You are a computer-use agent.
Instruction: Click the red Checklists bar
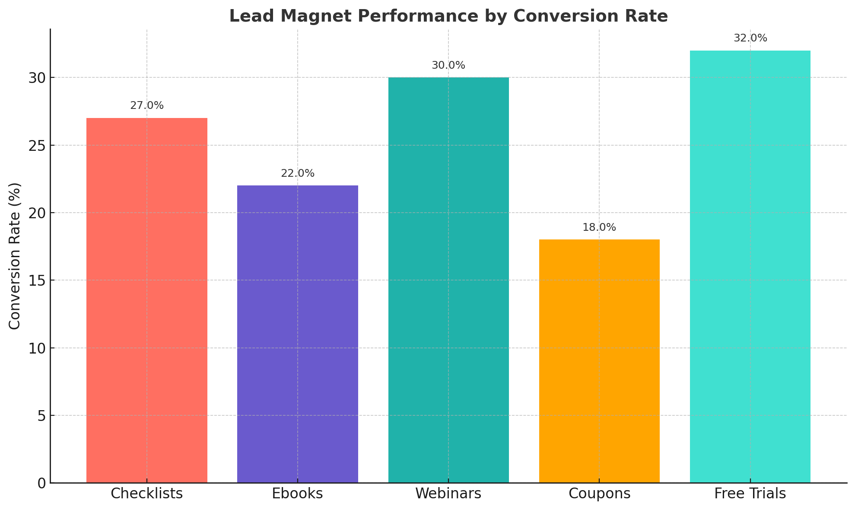[x=147, y=300]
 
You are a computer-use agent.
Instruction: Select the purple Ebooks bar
[x=298, y=334]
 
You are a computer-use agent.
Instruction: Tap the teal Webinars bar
[x=448, y=280]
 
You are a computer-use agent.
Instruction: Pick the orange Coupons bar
[x=599, y=361]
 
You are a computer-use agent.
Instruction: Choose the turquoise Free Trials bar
[x=750, y=267]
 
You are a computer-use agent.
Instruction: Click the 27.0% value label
[x=147, y=106]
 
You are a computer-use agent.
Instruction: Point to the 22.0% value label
[x=298, y=174]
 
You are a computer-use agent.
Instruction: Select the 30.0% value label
[x=448, y=66]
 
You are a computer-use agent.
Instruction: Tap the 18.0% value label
[x=599, y=228]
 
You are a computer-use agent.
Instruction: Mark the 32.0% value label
[x=750, y=38]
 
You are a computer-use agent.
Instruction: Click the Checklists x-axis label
[x=147, y=494]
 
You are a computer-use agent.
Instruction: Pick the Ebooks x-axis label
[x=298, y=494]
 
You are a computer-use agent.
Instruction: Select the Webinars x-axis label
[x=448, y=494]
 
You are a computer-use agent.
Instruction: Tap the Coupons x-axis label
[x=599, y=494]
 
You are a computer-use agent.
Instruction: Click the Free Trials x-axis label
[x=750, y=494]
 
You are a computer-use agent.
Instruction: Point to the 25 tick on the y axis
[x=37, y=146]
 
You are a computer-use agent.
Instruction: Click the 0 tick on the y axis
[x=41, y=483]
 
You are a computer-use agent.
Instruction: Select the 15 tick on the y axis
[x=37, y=280]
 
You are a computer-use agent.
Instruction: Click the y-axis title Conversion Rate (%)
[x=15, y=256]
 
